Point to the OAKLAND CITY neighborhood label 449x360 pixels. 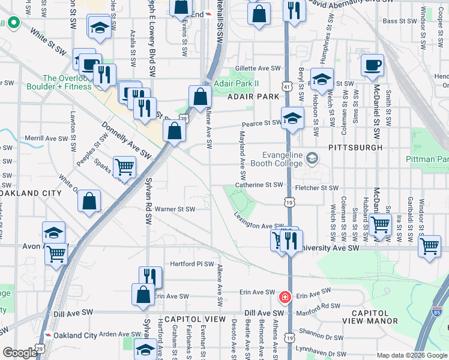pyautogui.click(x=30, y=193)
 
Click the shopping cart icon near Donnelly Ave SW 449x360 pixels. pyautogui.click(x=124, y=166)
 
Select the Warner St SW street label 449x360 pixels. pyautogui.click(x=175, y=209)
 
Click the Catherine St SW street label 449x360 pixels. pyautogui.click(x=259, y=185)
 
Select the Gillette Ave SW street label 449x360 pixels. pyautogui.click(x=259, y=68)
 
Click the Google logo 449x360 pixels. pyautogui.click(x=20, y=353)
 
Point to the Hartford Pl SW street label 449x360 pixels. pyautogui.click(x=191, y=263)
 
